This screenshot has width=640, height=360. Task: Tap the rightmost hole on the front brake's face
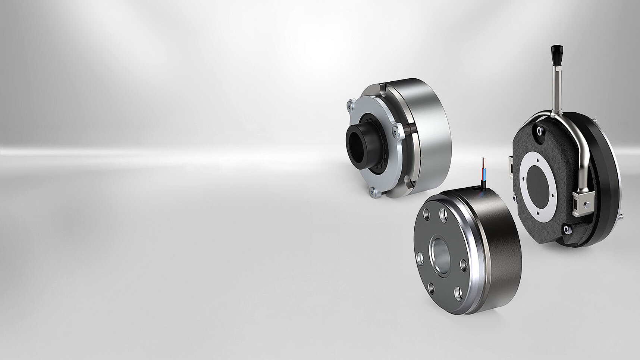click(464, 265)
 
